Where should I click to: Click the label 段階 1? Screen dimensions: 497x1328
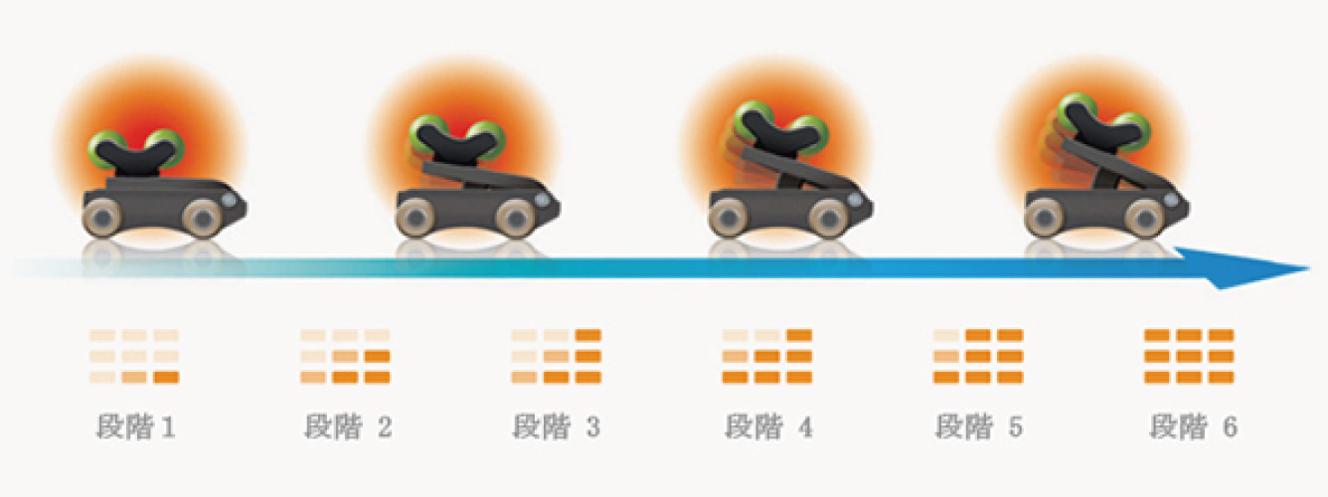[x=135, y=429]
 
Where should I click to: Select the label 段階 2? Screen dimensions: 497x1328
[x=347, y=429]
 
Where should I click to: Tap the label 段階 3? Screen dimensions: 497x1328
[x=557, y=429]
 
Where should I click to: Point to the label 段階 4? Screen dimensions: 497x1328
[x=768, y=429]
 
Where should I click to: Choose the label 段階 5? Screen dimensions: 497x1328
[x=979, y=429]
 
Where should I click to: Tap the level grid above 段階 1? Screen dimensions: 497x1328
[x=134, y=356]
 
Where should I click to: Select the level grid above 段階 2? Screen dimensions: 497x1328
[x=346, y=356]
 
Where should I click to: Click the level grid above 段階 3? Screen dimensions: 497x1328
[x=557, y=356]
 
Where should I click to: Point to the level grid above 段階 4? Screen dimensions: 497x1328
[x=767, y=356]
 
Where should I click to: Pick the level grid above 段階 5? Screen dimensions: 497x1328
[x=979, y=356]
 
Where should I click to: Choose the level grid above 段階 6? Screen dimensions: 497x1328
[x=1190, y=356]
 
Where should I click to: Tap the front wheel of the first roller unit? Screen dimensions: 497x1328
[x=203, y=216]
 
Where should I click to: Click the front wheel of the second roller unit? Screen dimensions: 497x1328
[x=515, y=216]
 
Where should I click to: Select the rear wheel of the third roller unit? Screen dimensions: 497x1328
[x=730, y=216]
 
